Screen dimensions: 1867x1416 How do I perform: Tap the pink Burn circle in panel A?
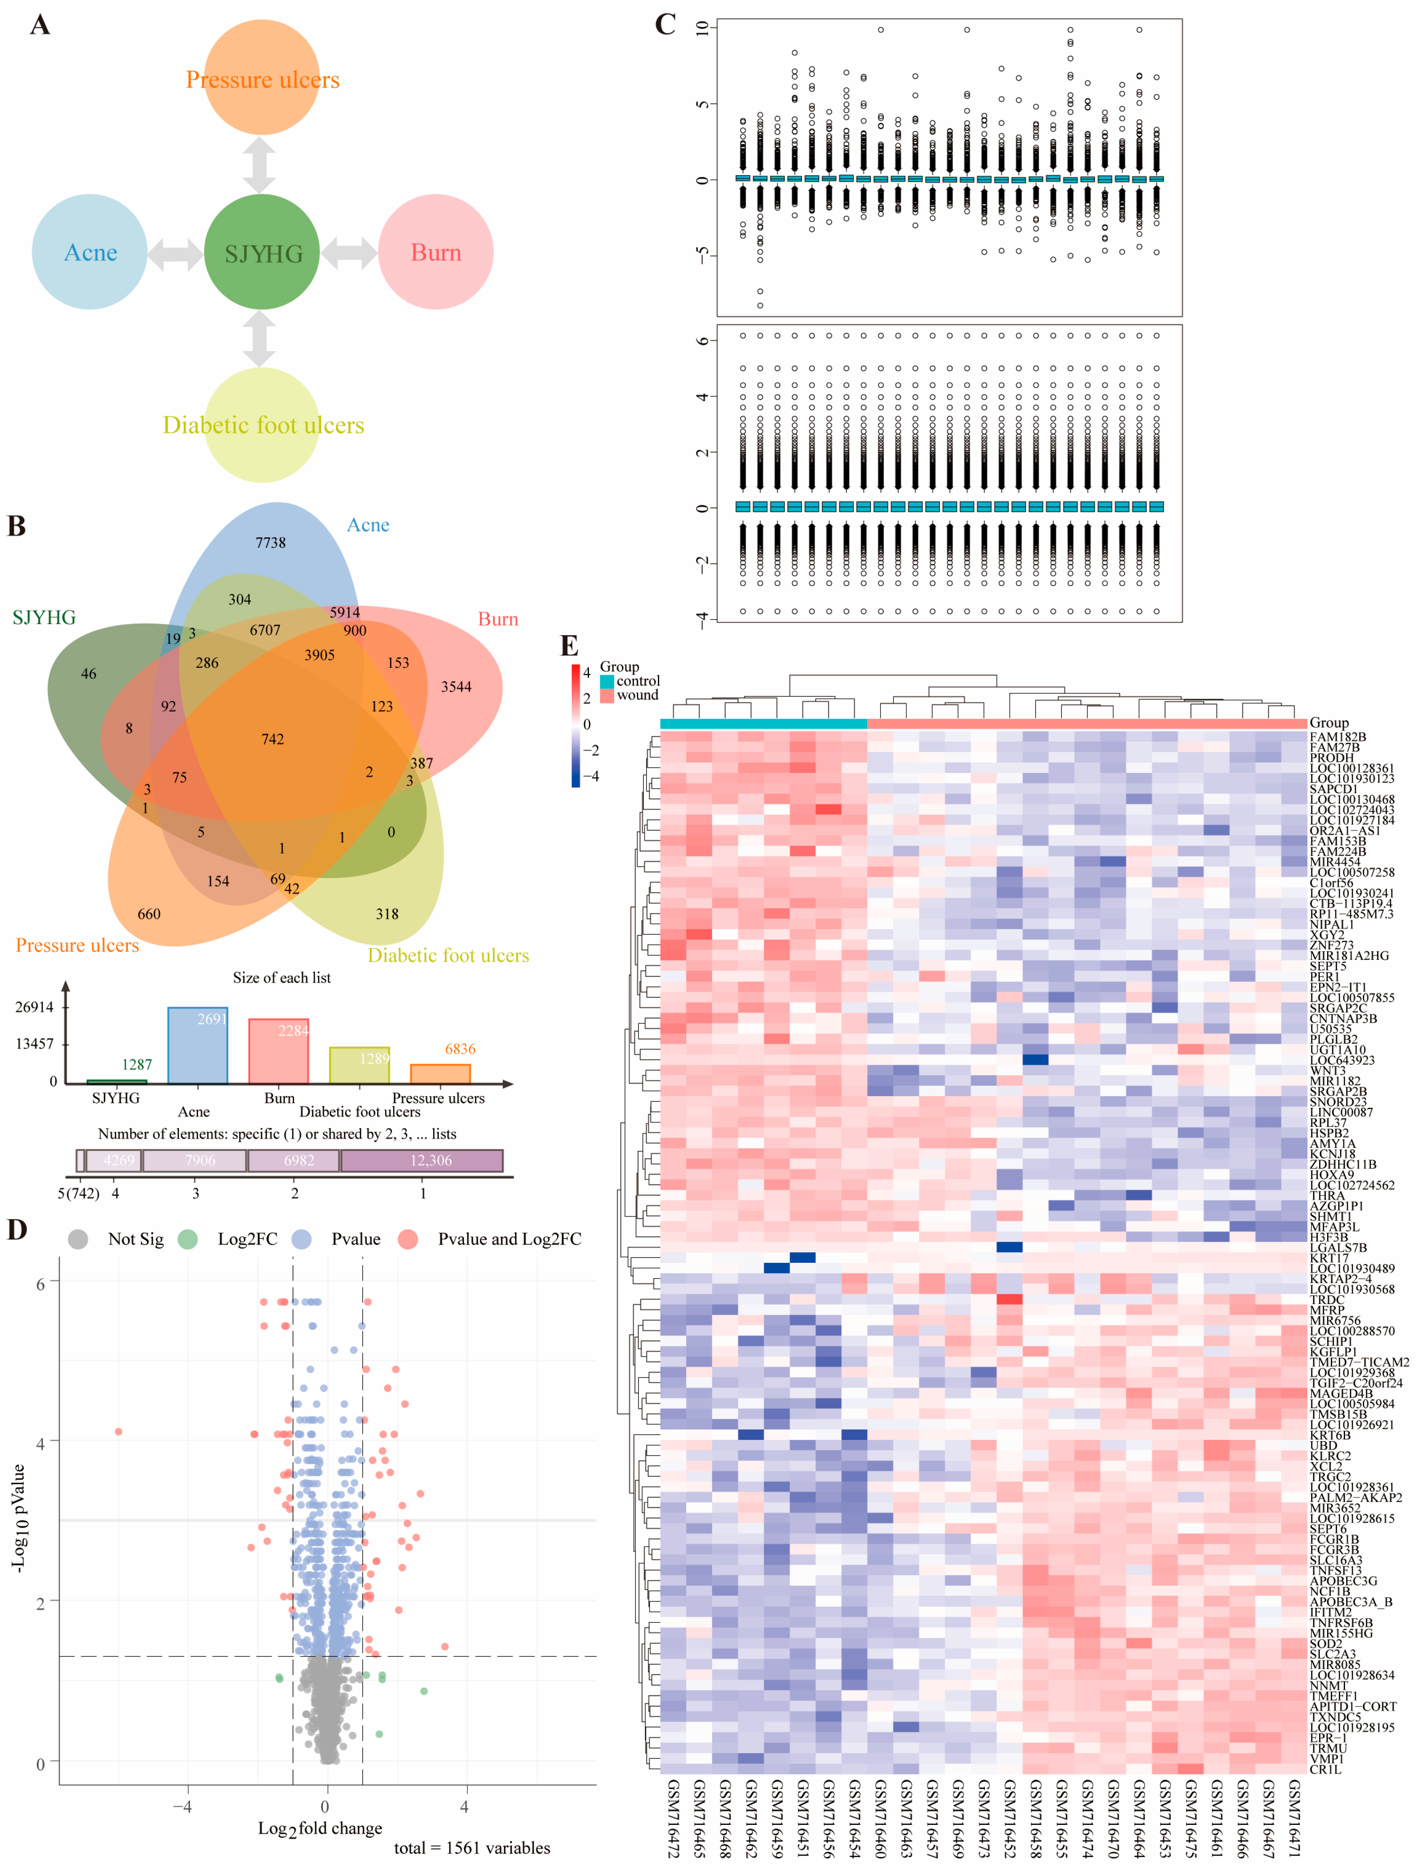point(436,252)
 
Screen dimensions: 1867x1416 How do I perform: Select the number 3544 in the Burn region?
point(456,687)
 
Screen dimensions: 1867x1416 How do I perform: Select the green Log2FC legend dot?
point(187,1239)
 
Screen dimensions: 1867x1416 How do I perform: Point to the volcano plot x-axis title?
point(320,1828)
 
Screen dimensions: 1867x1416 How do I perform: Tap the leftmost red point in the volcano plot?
point(118,1431)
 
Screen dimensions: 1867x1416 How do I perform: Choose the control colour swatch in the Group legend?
point(607,681)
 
